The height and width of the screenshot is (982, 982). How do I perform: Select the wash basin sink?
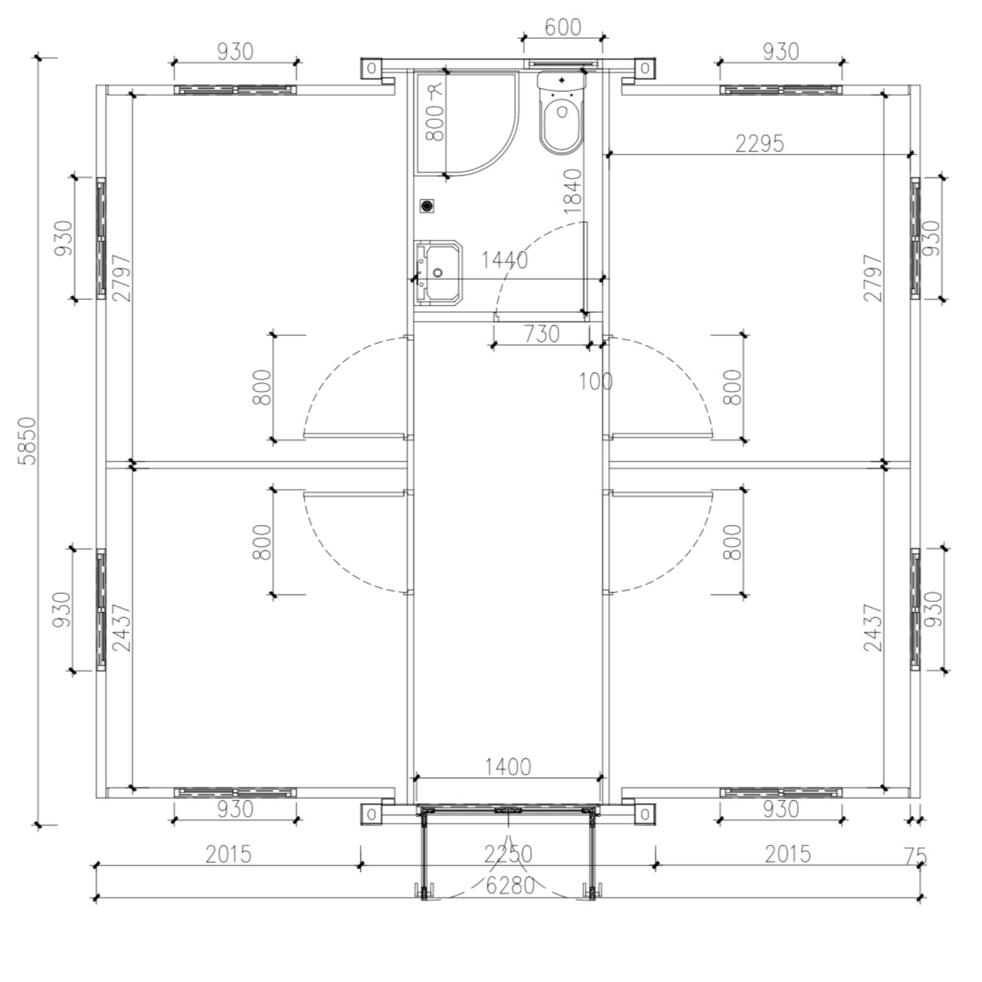[437, 272]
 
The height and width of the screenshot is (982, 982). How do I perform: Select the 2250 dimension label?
[508, 854]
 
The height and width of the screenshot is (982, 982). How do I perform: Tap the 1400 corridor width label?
[507, 767]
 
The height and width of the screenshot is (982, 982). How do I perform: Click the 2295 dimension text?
[759, 143]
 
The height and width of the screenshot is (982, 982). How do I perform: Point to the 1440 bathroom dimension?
[504, 261]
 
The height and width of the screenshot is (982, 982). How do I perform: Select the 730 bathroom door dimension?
[541, 334]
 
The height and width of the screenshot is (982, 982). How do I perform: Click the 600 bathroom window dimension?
[562, 27]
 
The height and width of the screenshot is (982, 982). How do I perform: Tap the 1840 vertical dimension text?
[572, 191]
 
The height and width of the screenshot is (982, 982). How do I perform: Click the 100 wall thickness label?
[595, 381]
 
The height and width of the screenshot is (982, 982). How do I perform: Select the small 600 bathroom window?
[562, 64]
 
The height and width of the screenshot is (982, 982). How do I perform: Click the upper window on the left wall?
[101, 238]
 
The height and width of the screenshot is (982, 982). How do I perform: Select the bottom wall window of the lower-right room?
[780, 792]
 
